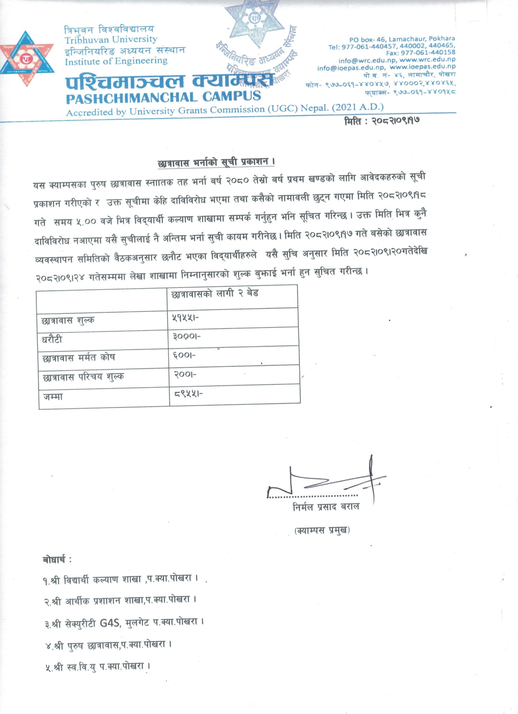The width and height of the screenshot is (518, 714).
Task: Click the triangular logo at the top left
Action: pos(27,59)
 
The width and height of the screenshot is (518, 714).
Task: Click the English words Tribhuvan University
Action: pos(111,40)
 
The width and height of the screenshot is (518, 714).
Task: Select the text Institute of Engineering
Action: pos(116,61)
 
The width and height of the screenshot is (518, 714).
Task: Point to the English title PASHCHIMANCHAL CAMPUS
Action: pos(163,97)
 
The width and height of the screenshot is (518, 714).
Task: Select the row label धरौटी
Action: pos(52,340)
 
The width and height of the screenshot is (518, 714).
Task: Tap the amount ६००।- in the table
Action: pos(184,355)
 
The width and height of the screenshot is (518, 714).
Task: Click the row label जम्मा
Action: pos(53,397)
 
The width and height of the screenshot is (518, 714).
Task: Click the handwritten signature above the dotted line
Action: pos(328,482)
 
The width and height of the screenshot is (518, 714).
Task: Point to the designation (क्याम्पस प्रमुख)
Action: pos(322,530)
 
